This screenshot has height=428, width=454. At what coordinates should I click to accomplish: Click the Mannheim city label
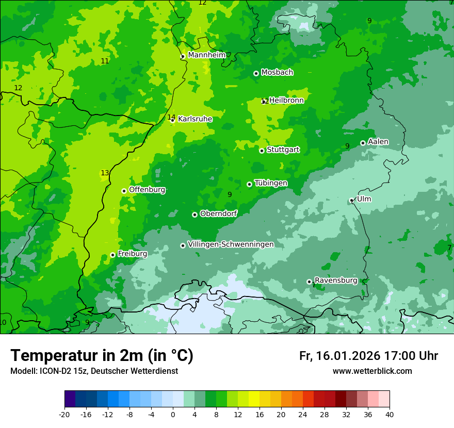tap(206, 55)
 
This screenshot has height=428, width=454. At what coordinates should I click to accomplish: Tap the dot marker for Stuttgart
tap(262, 151)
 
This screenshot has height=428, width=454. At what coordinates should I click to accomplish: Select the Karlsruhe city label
tap(195, 119)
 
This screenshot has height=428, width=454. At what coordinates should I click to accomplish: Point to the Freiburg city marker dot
tap(112, 255)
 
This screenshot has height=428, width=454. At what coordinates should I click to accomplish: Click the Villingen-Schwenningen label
tap(231, 244)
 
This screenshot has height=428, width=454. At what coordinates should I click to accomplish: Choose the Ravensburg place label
tap(336, 281)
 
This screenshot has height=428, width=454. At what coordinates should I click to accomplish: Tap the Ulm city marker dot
tap(351, 200)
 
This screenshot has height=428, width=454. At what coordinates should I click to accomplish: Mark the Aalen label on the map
tap(378, 142)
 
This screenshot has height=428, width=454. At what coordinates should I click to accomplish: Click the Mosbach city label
tap(277, 73)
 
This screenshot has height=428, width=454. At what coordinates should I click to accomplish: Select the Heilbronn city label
tap(286, 101)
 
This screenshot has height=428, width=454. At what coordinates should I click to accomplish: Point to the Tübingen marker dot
tap(250, 184)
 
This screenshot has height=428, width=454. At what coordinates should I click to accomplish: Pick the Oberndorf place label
tap(218, 213)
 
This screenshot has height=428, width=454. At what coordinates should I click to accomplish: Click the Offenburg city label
tap(147, 190)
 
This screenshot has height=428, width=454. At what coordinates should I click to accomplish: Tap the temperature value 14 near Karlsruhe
tap(171, 117)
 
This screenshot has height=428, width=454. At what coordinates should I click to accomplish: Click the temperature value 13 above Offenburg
tap(105, 173)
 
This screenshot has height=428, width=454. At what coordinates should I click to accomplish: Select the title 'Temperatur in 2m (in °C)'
tap(102, 355)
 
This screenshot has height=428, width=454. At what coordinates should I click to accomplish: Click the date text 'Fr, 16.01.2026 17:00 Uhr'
tap(368, 356)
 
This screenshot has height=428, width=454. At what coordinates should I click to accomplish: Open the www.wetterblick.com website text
tap(372, 371)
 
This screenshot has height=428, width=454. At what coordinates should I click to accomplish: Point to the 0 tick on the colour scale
tap(173, 415)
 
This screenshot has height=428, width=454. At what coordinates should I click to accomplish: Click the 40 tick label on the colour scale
tap(390, 415)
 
